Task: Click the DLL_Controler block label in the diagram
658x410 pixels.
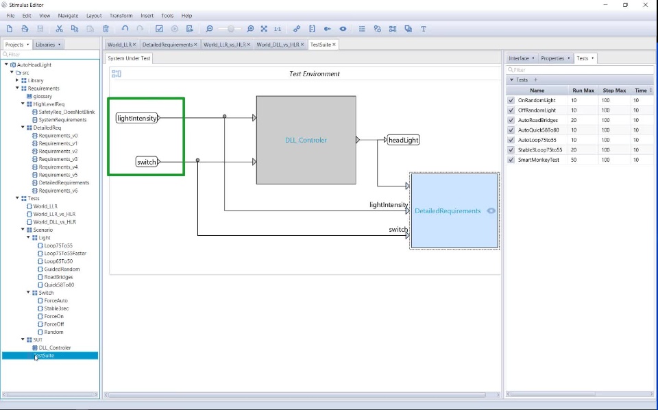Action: pos(306,140)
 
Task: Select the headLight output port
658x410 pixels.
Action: pos(403,140)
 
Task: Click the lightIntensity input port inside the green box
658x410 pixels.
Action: pos(137,118)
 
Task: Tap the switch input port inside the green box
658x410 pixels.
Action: pos(147,162)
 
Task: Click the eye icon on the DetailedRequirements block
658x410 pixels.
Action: pos(491,210)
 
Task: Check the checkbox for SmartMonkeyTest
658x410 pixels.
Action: pos(511,160)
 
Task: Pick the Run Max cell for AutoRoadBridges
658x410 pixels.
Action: pos(583,120)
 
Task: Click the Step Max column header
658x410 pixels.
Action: pos(614,91)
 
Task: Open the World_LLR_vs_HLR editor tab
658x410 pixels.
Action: pos(225,45)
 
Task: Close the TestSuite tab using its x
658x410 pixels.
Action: pos(334,45)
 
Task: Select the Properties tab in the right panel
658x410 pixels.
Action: pos(552,58)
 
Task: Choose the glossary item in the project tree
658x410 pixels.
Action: pos(42,96)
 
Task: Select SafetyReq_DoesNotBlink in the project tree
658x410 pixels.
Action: pos(66,112)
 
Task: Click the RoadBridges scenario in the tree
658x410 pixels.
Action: pos(58,277)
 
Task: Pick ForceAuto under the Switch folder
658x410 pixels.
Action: pos(56,300)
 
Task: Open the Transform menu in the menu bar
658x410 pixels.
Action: pos(121,16)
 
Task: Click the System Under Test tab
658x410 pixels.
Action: pos(129,58)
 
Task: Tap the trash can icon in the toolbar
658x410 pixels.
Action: pos(106,29)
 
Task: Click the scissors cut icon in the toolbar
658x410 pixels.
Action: pos(59,29)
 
